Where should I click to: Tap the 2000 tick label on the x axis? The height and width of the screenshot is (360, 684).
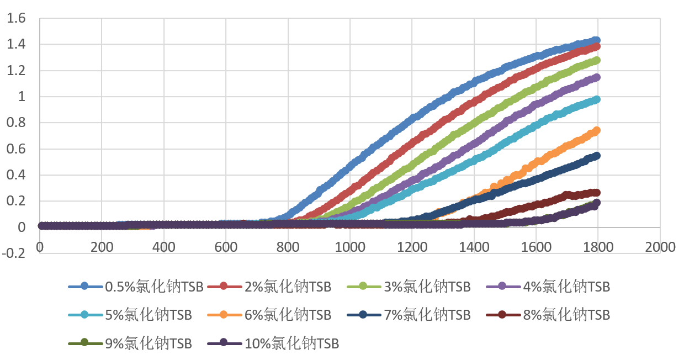click(660, 247)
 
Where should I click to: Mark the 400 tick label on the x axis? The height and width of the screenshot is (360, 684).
click(163, 247)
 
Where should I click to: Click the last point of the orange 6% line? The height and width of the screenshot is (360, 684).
click(596, 131)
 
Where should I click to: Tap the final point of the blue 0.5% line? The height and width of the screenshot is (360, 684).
click(596, 40)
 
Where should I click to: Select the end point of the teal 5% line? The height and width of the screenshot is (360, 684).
click(596, 99)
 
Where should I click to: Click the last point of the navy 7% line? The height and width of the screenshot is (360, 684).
click(596, 156)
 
